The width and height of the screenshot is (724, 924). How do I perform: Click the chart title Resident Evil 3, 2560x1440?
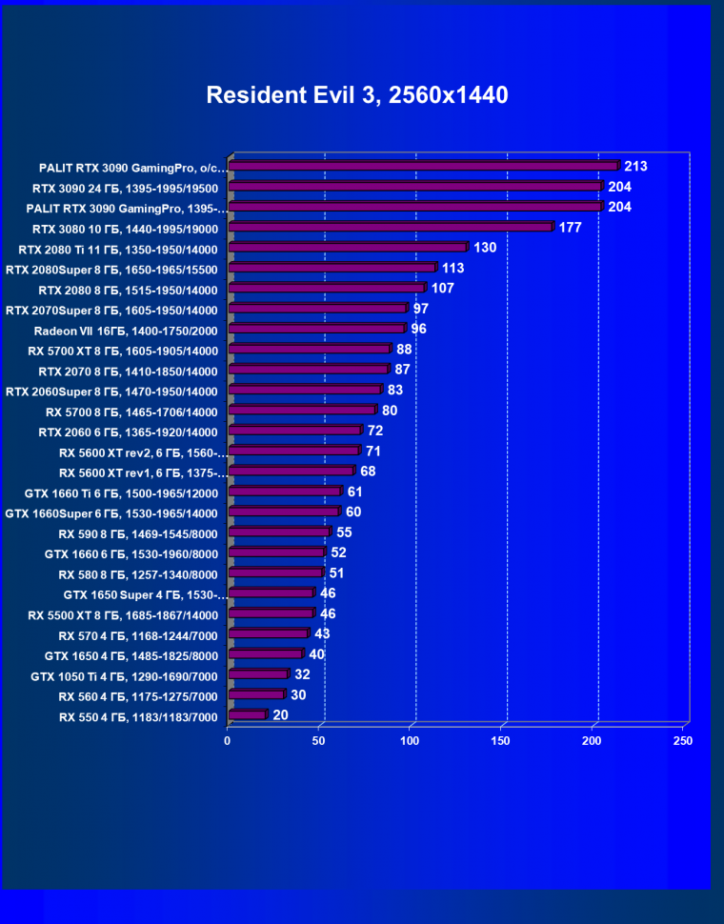point(357,95)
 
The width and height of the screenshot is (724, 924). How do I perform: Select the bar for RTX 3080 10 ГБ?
point(391,227)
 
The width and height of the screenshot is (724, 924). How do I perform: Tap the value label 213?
point(635,167)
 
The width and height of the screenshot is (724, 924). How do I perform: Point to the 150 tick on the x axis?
point(501,740)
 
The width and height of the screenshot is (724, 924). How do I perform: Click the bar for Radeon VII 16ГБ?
point(317,329)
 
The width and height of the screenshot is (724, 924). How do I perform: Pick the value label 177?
point(570,228)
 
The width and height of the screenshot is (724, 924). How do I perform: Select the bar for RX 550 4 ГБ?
point(248,714)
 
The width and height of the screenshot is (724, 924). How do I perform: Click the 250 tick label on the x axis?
point(683,740)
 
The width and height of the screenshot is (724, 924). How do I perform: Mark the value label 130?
point(485,248)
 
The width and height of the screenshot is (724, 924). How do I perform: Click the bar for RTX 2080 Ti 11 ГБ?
point(348,248)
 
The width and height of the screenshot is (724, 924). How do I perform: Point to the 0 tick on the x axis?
point(228,740)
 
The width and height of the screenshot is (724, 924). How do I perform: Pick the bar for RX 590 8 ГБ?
point(279,532)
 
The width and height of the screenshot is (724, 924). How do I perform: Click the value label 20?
point(280,714)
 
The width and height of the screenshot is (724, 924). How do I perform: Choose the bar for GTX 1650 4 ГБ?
point(266,653)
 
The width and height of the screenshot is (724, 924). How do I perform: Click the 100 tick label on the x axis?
point(411,740)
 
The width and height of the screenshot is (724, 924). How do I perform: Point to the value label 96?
point(418,329)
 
